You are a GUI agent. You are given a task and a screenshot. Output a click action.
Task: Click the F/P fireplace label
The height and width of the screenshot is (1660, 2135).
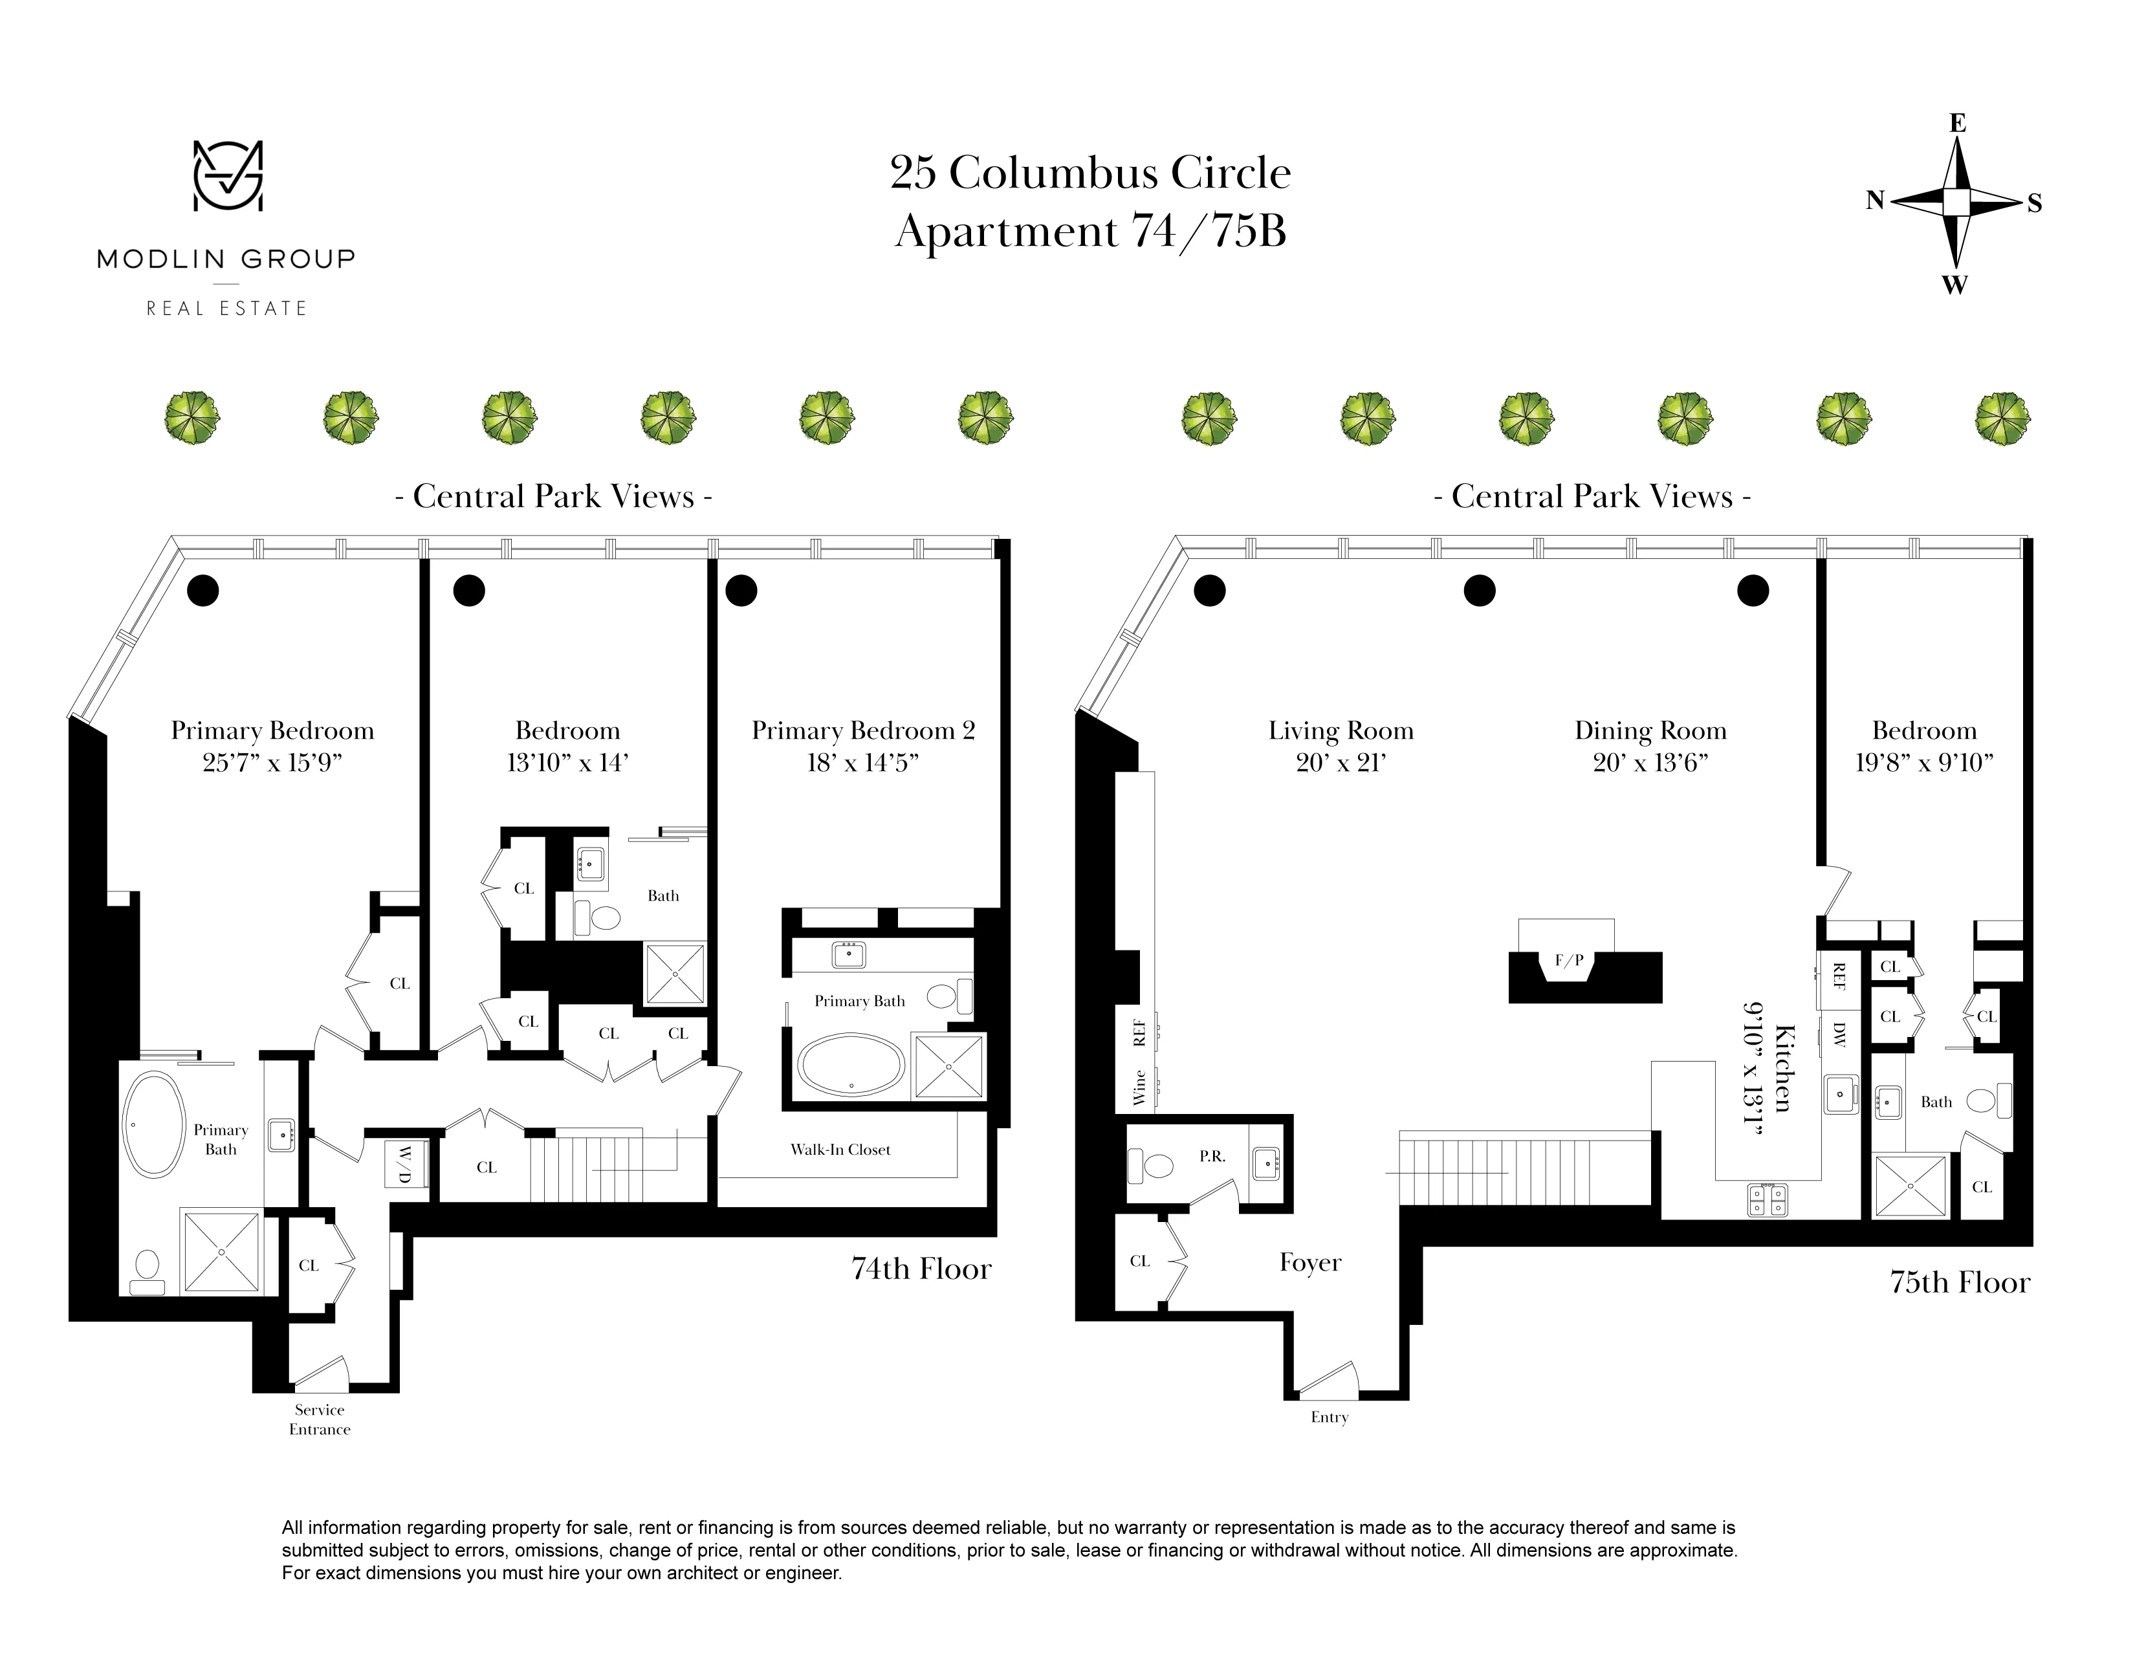1569,960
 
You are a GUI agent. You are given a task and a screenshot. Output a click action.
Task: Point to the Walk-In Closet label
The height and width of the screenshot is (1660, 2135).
840,1150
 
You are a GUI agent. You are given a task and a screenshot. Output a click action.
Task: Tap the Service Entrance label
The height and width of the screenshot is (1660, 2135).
320,1419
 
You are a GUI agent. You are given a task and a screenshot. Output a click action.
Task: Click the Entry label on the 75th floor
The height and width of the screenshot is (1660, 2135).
1328,1417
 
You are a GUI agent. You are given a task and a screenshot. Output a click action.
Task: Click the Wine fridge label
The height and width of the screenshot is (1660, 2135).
1139,1087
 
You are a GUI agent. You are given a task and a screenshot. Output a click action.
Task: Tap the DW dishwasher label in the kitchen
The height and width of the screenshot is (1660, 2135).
1839,1035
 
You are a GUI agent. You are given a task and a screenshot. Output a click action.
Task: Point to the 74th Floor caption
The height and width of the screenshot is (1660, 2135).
921,1269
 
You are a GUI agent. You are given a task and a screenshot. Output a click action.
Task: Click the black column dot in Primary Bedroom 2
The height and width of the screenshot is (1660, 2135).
741,591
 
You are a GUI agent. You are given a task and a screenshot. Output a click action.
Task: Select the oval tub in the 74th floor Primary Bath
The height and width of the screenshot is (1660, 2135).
153,1124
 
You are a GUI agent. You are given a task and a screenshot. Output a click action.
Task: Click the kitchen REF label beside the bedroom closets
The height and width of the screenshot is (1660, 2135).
1839,976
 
